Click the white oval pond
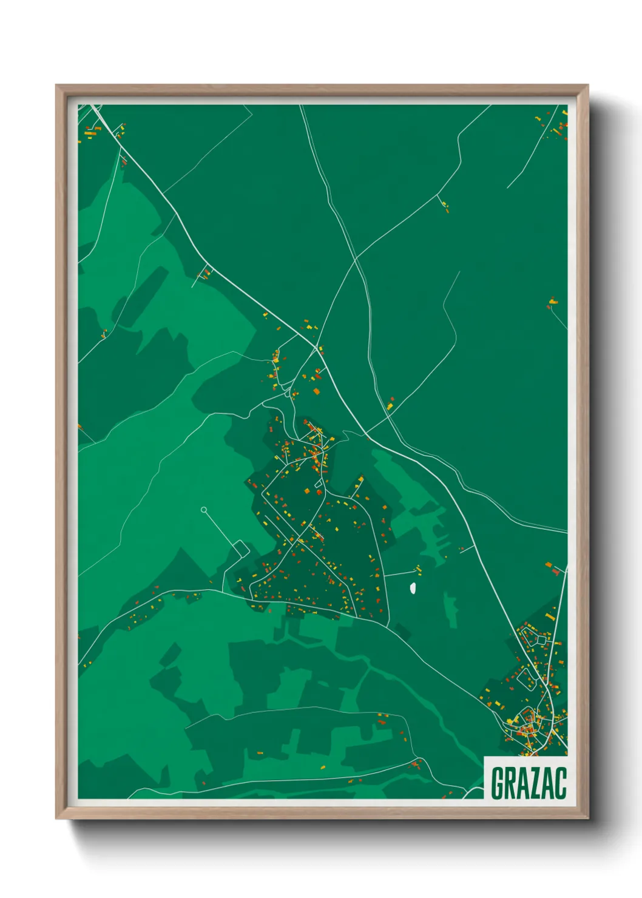coord(413,587)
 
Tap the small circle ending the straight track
coord(204,510)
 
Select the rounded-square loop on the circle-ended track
coord(241,549)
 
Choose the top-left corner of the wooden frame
coord(58,87)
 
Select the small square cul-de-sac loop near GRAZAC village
coord(541,638)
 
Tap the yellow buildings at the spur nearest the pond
coord(417,569)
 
